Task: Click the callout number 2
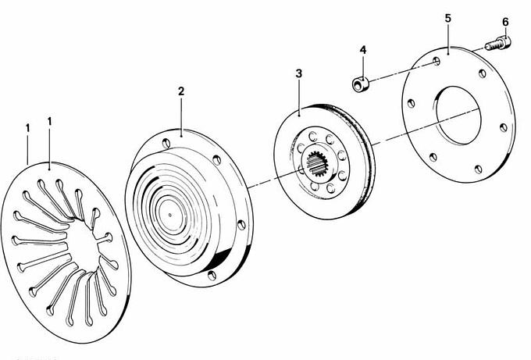181,91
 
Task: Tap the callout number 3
298,73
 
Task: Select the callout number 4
363,50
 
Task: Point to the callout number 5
448,18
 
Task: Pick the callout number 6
505,23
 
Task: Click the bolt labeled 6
498,44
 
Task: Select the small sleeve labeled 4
360,84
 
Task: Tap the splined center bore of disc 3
317,163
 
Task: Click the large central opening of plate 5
458,115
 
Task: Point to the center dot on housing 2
170,215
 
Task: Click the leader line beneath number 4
363,67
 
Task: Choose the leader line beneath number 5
448,38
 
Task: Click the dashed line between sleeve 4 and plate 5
401,71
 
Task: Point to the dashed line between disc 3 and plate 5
426,127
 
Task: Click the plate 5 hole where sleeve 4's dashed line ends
437,61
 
